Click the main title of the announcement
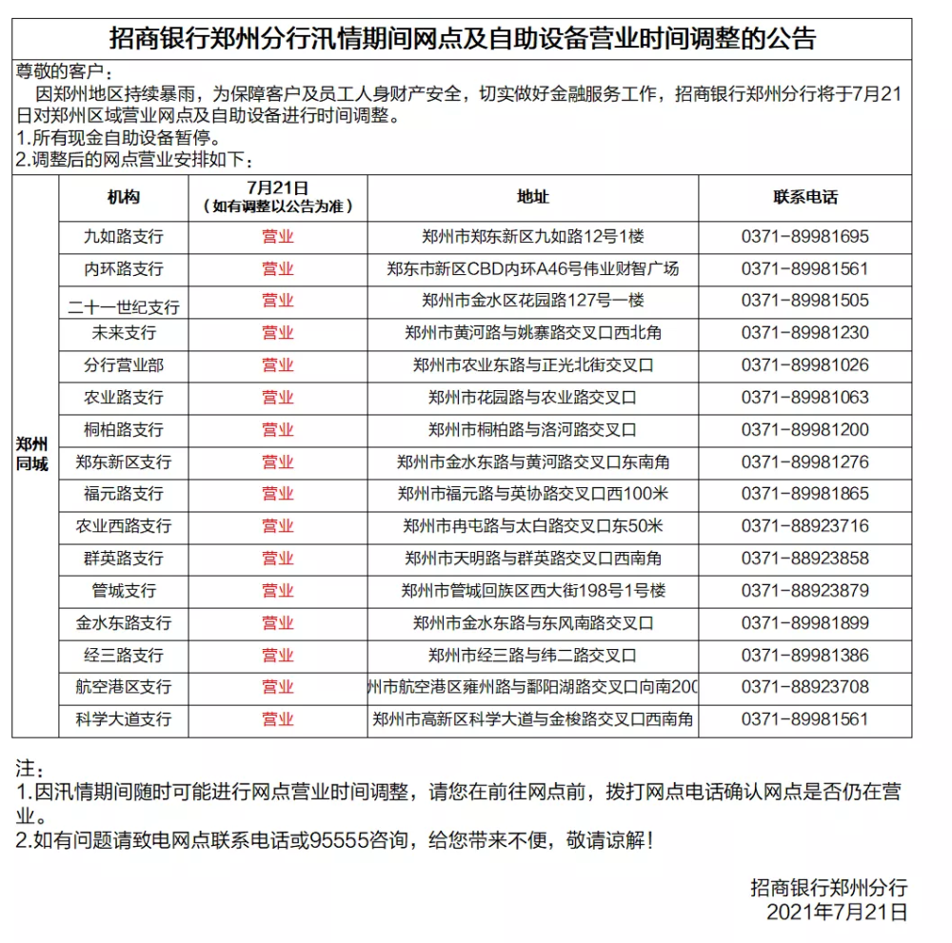pyautogui.click(x=463, y=38)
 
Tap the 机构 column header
pyautogui.click(x=124, y=197)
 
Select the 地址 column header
pyautogui.click(x=533, y=197)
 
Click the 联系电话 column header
pyautogui.click(x=805, y=197)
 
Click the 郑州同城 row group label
pyautogui.click(x=32, y=454)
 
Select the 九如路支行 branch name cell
pyautogui.click(x=124, y=236)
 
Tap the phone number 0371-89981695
pyautogui.click(x=805, y=236)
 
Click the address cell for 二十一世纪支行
pyautogui.click(x=533, y=301)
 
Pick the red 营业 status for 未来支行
pyautogui.click(x=278, y=333)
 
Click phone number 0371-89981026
pyautogui.click(x=805, y=365)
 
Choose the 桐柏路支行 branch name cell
pyautogui.click(x=124, y=430)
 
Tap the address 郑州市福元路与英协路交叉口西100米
pyautogui.click(x=533, y=494)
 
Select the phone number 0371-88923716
pyautogui.click(x=805, y=526)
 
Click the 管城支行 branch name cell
pyautogui.click(x=124, y=591)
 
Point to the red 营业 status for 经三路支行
pyautogui.click(x=278, y=655)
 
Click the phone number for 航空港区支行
pyautogui.click(x=805, y=687)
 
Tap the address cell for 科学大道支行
pyautogui.click(x=533, y=719)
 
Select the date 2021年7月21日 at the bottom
pyautogui.click(x=837, y=913)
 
